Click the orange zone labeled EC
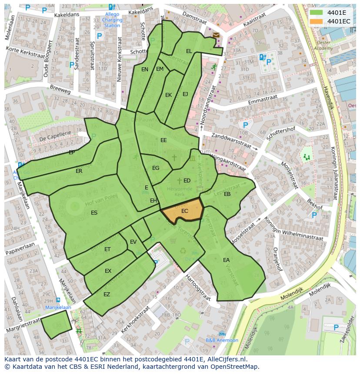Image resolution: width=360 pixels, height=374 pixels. tap(184, 211)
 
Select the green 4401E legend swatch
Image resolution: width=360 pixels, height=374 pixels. tap(316, 12)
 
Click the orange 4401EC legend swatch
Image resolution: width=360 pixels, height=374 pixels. tap(316, 21)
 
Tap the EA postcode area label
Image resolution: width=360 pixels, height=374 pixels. tap(226, 260)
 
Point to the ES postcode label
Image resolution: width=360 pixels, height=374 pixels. tap(94, 213)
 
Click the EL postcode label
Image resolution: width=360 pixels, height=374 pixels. tap(189, 51)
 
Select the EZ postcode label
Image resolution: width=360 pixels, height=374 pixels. tap(107, 295)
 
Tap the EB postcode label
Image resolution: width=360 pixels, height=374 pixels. tap(227, 194)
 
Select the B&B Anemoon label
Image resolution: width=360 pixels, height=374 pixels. tap(222, 340)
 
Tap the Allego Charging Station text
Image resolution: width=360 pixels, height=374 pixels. tap(112, 20)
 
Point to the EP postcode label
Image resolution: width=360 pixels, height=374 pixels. tap(72, 152)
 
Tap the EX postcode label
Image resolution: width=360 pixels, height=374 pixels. tap(108, 271)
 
